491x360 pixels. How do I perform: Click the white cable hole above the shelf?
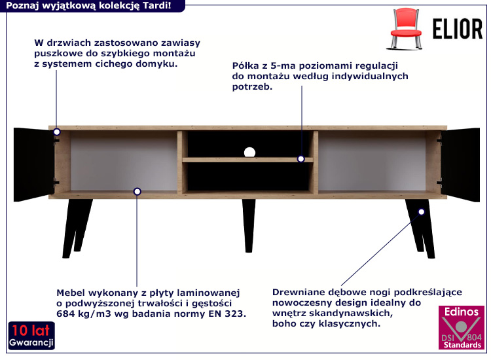click(x=249, y=153)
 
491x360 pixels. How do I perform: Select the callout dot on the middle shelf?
click(x=301, y=158)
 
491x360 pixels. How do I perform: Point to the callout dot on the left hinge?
click(x=57, y=132)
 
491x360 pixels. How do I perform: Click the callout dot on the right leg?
click(x=421, y=211)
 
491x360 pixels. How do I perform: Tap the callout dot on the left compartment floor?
click(x=137, y=191)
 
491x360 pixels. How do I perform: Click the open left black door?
click(x=31, y=164)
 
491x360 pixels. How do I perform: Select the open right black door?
click(x=462, y=164)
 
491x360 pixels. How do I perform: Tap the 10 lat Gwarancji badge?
click(x=31, y=336)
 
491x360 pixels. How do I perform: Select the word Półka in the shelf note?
click(x=245, y=65)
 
